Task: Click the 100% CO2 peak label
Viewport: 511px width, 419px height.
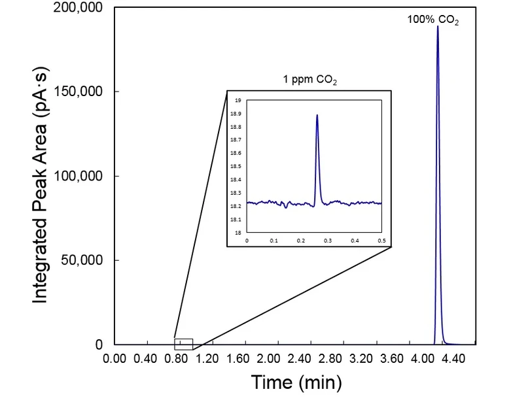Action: click(x=433, y=20)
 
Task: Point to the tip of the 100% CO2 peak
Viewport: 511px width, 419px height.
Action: click(x=438, y=27)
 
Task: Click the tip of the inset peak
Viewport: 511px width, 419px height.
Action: click(x=317, y=115)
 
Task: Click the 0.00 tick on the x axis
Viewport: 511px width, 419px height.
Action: click(x=115, y=359)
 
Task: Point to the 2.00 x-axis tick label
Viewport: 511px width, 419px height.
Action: click(x=268, y=359)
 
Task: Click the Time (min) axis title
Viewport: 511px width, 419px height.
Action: click(x=296, y=382)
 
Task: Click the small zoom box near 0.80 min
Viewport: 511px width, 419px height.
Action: click(x=183, y=344)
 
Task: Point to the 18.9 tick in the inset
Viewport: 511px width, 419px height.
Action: click(x=238, y=114)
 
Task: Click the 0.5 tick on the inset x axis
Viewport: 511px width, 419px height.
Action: click(x=382, y=241)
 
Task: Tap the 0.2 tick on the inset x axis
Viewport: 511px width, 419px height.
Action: click(x=301, y=241)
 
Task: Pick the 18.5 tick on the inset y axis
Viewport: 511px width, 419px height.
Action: click(x=238, y=167)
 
